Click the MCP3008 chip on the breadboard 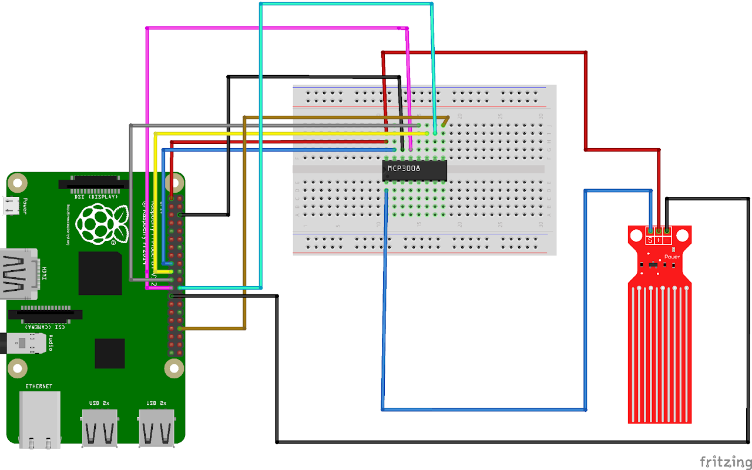coord(415,170)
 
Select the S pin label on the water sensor coord(650,240)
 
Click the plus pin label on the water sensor coord(659,240)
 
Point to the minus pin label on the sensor coord(667,240)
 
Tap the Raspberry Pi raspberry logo coord(104,224)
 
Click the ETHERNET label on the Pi coord(39,386)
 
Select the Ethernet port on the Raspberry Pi coord(39,418)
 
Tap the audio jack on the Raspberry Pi coord(23,343)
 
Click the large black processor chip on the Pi coord(100,273)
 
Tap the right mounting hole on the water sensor coord(682,236)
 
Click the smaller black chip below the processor coord(110,353)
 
